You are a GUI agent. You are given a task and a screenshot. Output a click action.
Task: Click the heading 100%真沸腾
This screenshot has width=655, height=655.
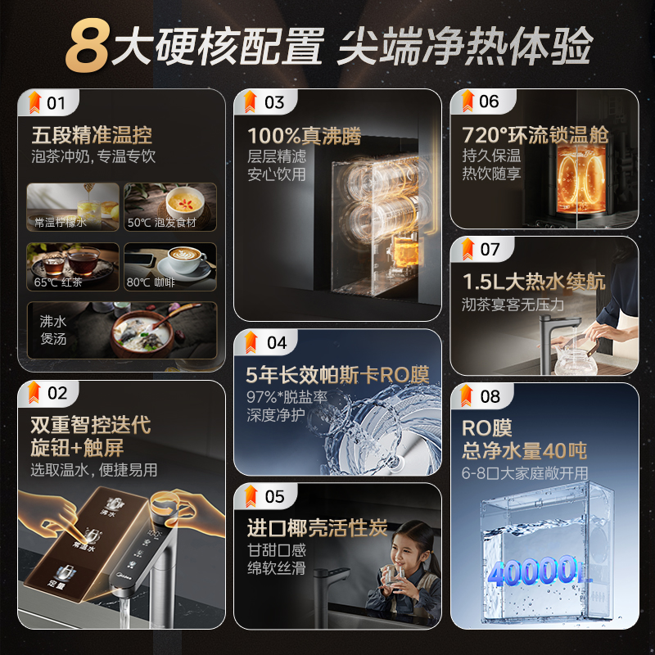(x=304, y=134)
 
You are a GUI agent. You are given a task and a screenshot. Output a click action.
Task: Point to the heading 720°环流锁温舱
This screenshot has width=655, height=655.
(x=532, y=134)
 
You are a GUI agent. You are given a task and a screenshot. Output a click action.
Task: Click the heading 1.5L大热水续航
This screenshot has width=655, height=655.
(x=534, y=282)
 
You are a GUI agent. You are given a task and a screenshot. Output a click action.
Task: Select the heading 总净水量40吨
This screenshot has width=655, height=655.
(x=524, y=451)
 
